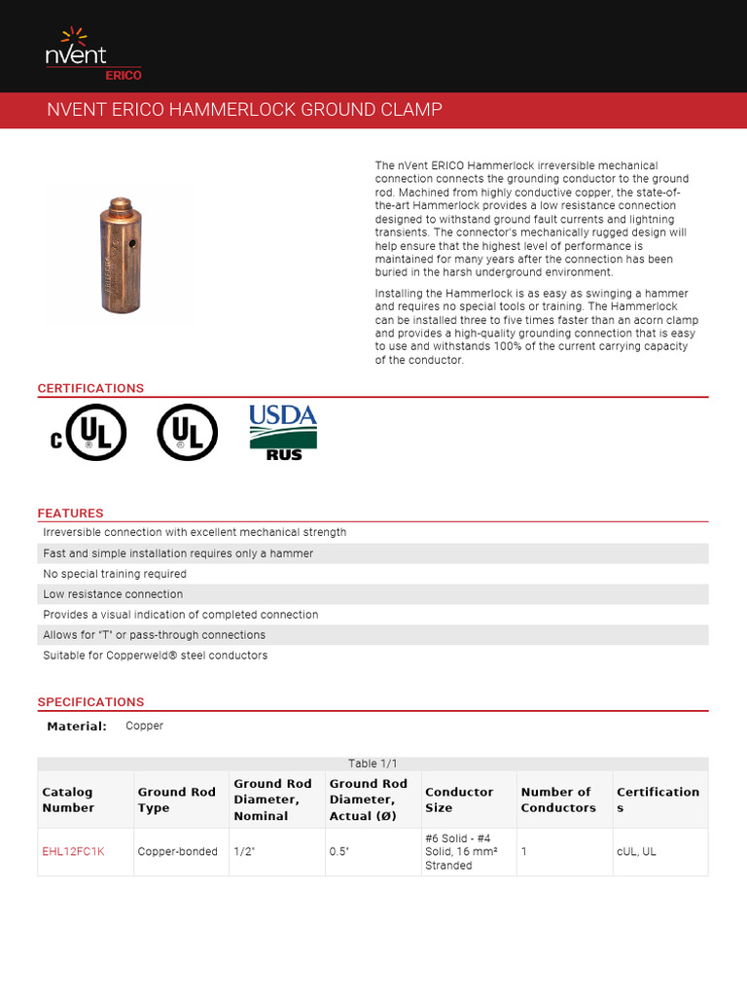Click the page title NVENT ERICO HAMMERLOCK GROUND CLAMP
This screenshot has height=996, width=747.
[x=244, y=110]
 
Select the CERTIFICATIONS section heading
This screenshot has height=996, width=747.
[x=90, y=388]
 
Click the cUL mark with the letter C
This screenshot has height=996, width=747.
[x=89, y=432]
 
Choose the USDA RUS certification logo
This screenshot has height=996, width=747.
[x=283, y=432]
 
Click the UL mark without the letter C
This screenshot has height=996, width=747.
[x=187, y=432]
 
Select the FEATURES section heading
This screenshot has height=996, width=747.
[x=70, y=513]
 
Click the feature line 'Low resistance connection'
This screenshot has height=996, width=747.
[x=113, y=594]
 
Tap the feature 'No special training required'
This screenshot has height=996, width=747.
[x=115, y=574]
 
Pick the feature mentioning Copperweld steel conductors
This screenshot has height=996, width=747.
[x=157, y=656]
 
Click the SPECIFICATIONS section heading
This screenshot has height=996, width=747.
[x=90, y=701]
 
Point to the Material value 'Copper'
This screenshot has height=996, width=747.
[x=144, y=726]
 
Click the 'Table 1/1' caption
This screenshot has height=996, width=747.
[x=373, y=764]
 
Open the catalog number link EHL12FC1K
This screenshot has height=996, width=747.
[x=73, y=851]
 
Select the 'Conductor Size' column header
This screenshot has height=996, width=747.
[x=459, y=800]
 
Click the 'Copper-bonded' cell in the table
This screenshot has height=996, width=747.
[x=177, y=851]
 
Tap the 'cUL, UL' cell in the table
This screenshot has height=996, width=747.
[x=636, y=851]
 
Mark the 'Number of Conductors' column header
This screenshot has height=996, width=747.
[x=557, y=800]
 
